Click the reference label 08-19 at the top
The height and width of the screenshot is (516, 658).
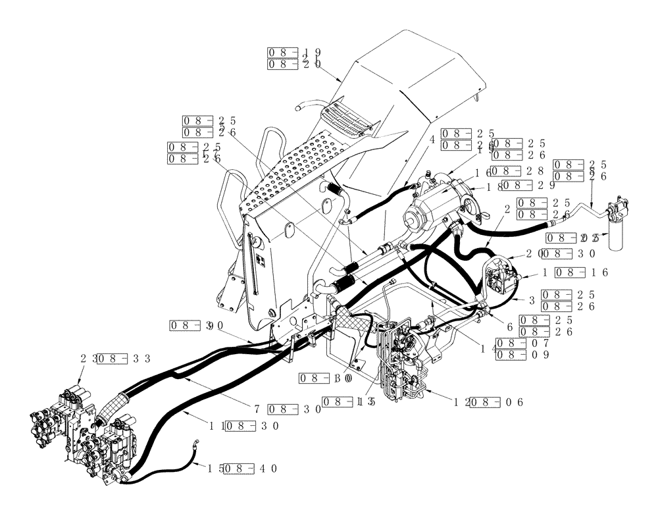(294, 53)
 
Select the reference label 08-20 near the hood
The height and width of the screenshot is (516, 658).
(294, 64)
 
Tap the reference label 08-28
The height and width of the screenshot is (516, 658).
(515, 171)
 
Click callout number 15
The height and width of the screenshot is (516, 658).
(215, 469)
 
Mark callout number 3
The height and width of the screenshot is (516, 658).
(532, 300)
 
